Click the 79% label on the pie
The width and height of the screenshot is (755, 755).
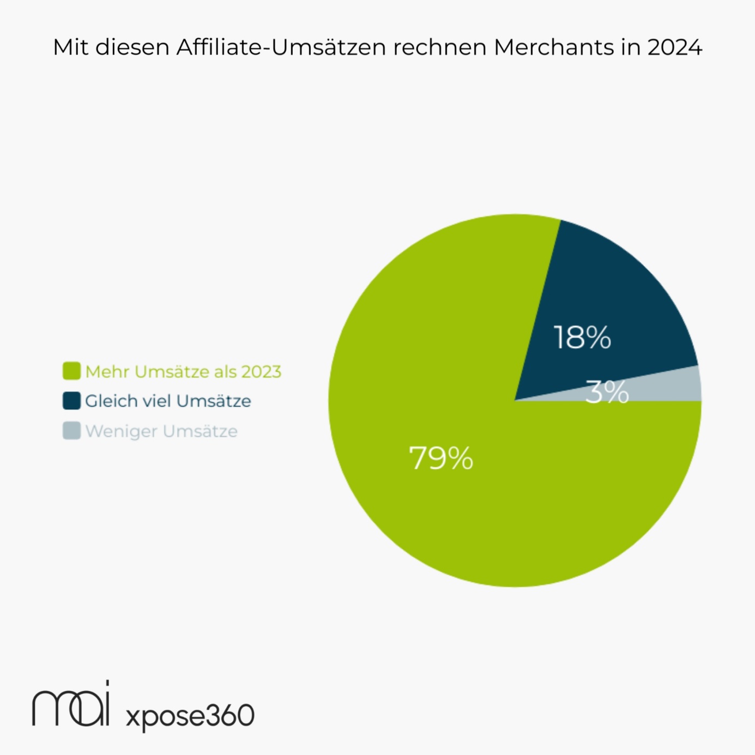click(441, 458)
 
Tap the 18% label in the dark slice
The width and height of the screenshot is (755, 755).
click(582, 337)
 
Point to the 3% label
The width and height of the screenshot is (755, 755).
click(607, 392)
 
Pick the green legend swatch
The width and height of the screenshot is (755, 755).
click(71, 371)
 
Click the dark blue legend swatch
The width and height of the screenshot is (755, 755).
click(71, 401)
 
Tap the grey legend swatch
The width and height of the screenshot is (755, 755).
click(71, 431)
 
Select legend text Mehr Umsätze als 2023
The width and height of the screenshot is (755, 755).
click(183, 372)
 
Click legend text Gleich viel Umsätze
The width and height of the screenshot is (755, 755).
click(168, 401)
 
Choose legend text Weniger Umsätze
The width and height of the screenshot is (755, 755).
click(161, 431)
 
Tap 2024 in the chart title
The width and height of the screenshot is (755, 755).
click(675, 47)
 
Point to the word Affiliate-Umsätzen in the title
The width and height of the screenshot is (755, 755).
click(281, 47)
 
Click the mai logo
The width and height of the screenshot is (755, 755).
click(71, 706)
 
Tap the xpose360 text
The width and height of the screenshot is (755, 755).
click(190, 715)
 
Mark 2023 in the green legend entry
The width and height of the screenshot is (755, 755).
click(261, 372)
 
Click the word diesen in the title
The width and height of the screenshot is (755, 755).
click(133, 47)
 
